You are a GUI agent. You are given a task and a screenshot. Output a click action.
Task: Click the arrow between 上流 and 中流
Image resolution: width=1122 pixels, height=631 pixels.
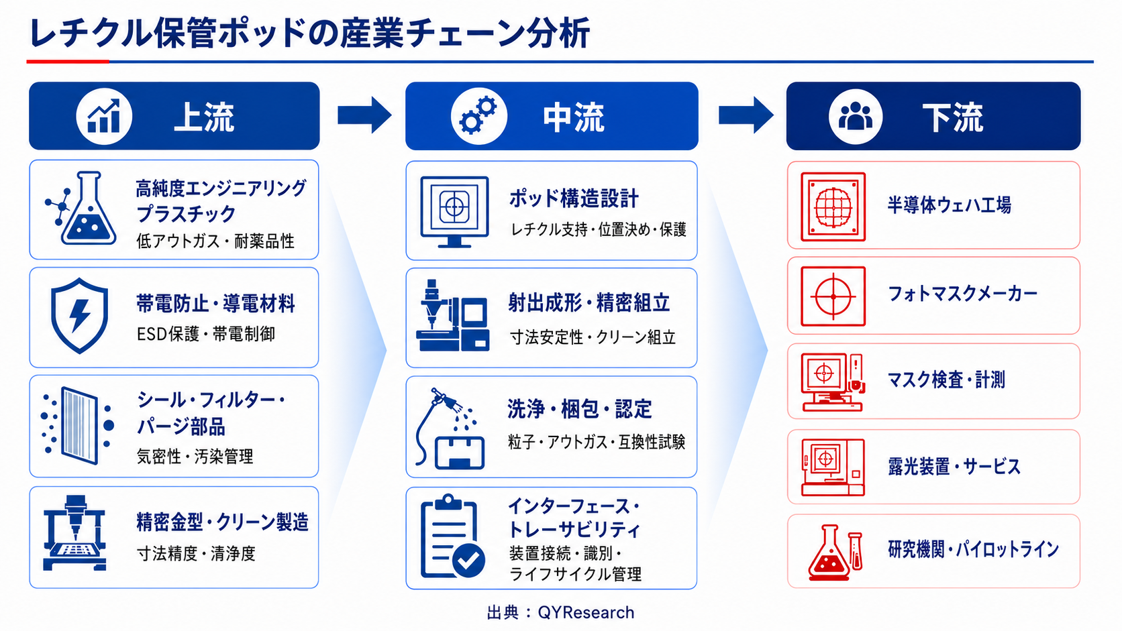coord(364,115)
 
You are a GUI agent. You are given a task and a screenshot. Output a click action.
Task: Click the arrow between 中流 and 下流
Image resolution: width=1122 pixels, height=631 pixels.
coord(746,115)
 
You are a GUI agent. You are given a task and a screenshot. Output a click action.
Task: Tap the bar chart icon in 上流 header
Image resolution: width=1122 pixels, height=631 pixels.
coord(104,116)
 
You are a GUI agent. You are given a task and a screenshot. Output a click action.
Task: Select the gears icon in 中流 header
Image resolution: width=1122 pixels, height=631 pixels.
coord(478,116)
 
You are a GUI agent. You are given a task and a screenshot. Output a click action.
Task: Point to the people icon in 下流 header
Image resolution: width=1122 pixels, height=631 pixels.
coord(856,117)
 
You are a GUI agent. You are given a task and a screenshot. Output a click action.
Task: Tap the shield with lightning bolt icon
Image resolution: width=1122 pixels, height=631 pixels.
coord(79,317)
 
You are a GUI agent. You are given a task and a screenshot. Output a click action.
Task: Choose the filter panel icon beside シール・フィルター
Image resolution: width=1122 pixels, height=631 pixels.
coord(78,426)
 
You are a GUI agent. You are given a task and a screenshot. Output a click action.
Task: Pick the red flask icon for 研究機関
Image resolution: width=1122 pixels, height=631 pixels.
coord(835,553)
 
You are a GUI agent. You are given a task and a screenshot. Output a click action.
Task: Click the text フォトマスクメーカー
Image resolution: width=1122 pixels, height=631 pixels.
coord(962,294)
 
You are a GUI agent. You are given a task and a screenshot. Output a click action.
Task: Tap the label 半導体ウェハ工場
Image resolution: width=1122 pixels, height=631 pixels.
coord(949,205)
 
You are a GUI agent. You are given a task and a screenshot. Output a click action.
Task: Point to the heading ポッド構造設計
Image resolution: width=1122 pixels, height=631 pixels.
coord(574,198)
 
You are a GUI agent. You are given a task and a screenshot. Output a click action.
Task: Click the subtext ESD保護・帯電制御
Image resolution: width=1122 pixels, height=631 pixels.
coord(206,334)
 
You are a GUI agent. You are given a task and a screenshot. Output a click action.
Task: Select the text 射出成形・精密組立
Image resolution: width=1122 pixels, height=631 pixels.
coord(589,303)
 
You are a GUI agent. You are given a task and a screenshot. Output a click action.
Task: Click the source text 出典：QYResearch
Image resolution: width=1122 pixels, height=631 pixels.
coord(560,612)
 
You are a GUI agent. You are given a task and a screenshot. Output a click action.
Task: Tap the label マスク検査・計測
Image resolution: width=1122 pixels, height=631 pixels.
coord(946,380)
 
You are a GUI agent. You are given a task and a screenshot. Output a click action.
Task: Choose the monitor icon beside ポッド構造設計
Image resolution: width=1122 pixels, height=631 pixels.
coord(454,212)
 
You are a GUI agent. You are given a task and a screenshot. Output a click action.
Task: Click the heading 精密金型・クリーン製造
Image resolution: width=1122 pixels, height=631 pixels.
coord(222,522)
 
